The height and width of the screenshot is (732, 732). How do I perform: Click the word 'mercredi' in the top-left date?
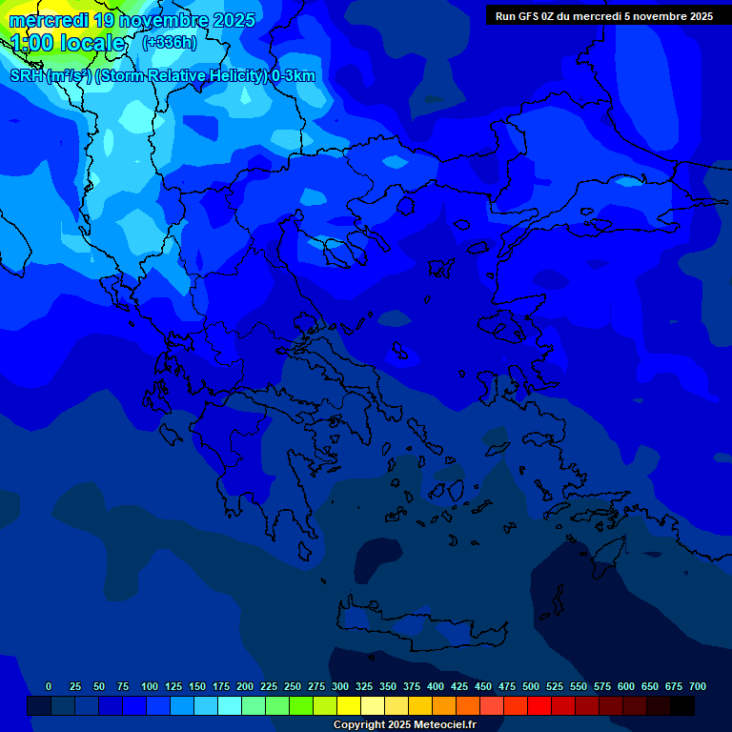49,20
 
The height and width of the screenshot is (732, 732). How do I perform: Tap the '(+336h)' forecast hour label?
171,42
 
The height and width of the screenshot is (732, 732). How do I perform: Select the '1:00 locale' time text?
67,43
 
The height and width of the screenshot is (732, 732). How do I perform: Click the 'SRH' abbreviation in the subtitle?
27,76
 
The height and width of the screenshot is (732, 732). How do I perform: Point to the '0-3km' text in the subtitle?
294,76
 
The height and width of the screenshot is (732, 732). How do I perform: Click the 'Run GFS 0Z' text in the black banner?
525,15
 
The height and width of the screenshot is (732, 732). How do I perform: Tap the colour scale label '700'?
698,686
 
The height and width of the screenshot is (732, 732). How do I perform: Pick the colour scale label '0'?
49,686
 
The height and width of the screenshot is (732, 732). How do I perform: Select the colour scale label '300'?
340,686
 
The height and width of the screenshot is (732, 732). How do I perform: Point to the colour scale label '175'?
221,686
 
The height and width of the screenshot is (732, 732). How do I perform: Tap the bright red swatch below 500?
539,705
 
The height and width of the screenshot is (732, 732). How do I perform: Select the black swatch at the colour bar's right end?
681,705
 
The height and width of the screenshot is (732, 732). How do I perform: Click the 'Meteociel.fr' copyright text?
445,725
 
